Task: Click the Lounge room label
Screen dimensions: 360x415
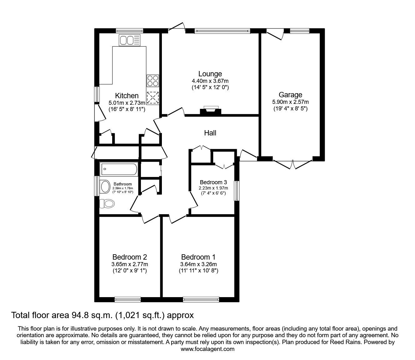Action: click(210, 74)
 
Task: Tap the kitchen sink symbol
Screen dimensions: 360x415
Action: click(129, 40)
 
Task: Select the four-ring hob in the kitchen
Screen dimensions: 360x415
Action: click(153, 81)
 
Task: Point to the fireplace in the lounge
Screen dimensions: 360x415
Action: click(210, 110)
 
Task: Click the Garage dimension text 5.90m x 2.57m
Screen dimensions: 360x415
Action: click(290, 102)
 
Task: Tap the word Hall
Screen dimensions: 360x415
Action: click(210, 133)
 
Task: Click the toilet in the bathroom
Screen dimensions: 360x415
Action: click(107, 204)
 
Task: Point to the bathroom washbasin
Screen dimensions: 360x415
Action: click(105, 187)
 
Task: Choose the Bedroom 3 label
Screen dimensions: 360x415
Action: click(213, 182)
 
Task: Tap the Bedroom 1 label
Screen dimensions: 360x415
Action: click(198, 257)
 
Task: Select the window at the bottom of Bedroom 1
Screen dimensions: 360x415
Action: click(198, 300)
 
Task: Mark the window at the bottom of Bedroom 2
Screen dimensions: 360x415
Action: click(127, 300)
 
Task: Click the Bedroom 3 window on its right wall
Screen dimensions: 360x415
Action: click(237, 191)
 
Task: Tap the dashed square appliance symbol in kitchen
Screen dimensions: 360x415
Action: click(153, 97)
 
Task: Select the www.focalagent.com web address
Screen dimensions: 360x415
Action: click(207, 349)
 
